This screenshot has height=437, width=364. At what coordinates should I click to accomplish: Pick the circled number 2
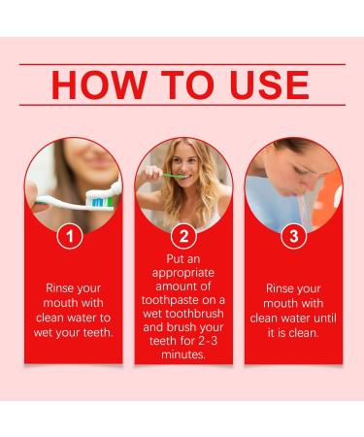pos(183,236)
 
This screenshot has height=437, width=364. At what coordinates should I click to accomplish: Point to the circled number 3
pos(293,236)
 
